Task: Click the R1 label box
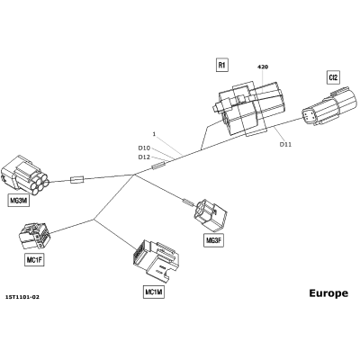(x=222, y=65)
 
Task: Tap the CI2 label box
(x=333, y=77)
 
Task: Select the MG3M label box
(x=19, y=201)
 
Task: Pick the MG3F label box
(x=214, y=240)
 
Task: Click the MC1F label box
(x=34, y=260)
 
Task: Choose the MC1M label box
(x=154, y=292)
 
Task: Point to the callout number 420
(x=263, y=67)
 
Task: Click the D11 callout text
(x=285, y=144)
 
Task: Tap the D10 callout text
(x=144, y=148)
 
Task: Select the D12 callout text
(x=144, y=157)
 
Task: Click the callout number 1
(x=154, y=134)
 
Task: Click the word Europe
(x=328, y=293)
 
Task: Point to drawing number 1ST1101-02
(x=22, y=297)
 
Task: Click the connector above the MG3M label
(x=25, y=176)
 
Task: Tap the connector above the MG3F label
(x=211, y=214)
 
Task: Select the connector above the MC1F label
(x=34, y=236)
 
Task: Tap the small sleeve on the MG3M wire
(x=77, y=180)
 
